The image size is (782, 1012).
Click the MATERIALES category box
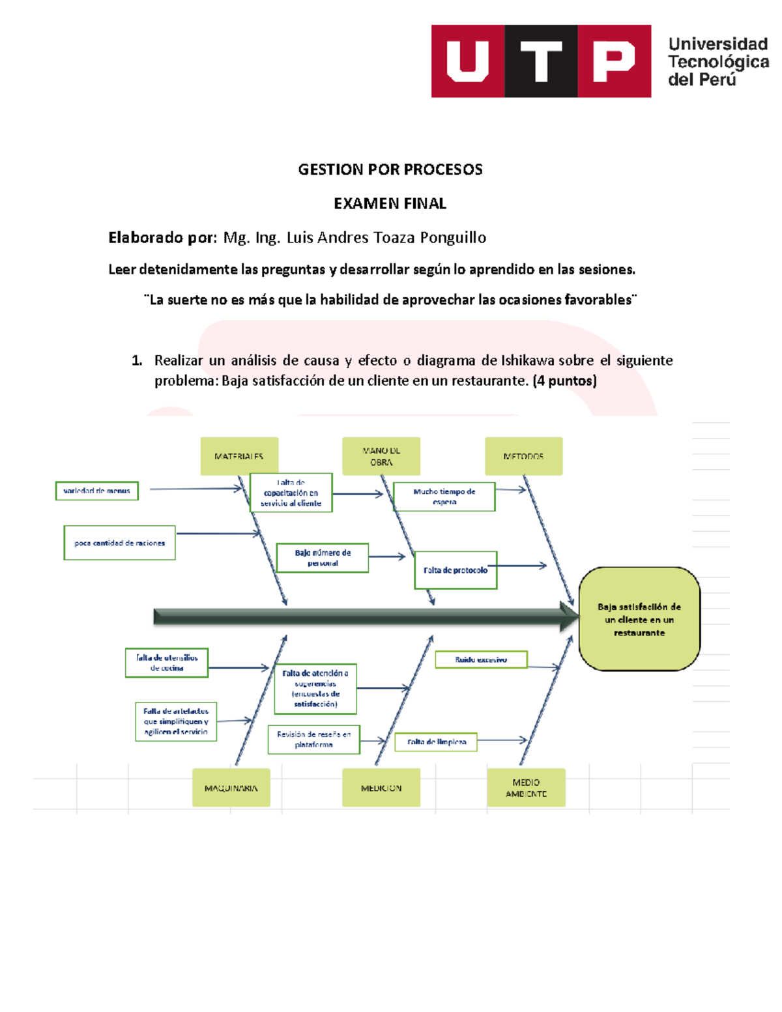click(x=239, y=456)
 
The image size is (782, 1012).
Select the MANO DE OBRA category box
click(x=381, y=456)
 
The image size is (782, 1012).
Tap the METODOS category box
click(x=523, y=456)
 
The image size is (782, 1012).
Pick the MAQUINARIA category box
click(x=231, y=787)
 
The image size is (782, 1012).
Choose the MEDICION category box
click(x=381, y=787)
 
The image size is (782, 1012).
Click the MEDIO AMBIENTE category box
click(x=526, y=787)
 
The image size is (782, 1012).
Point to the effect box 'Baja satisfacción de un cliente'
click(x=639, y=618)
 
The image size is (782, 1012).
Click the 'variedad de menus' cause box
click(x=96, y=491)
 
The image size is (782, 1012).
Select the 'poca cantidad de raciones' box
click(x=119, y=543)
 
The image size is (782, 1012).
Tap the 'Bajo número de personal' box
click(x=323, y=558)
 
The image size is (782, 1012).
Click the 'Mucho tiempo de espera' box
click(x=444, y=497)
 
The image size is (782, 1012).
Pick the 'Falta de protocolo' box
click(x=456, y=570)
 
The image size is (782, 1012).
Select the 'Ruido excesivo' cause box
click(x=481, y=659)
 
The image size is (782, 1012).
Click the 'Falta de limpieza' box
click(x=436, y=742)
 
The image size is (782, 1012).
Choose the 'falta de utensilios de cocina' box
click(x=167, y=663)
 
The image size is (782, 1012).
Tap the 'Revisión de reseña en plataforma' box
click(x=313, y=739)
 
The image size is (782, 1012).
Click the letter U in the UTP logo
click(x=468, y=61)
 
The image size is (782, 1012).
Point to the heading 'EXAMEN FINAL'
click(x=390, y=203)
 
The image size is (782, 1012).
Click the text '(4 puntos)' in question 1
click(x=564, y=381)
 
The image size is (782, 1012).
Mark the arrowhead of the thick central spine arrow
click(x=570, y=616)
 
